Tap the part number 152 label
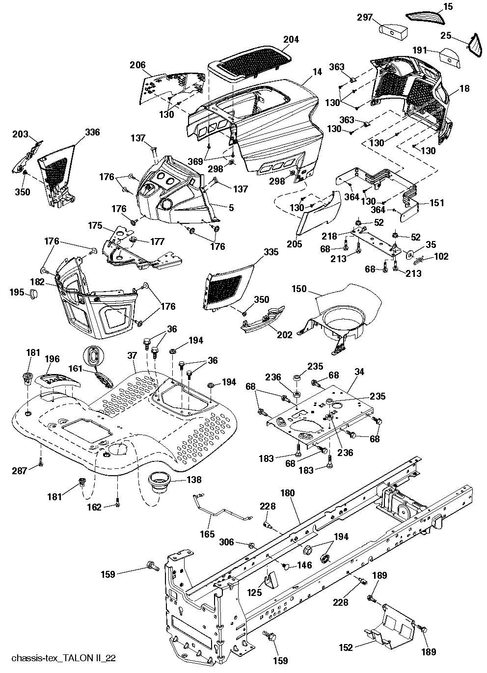(346, 648)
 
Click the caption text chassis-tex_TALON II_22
(63, 657)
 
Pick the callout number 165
(208, 534)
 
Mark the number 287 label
(20, 471)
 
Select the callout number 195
(17, 292)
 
